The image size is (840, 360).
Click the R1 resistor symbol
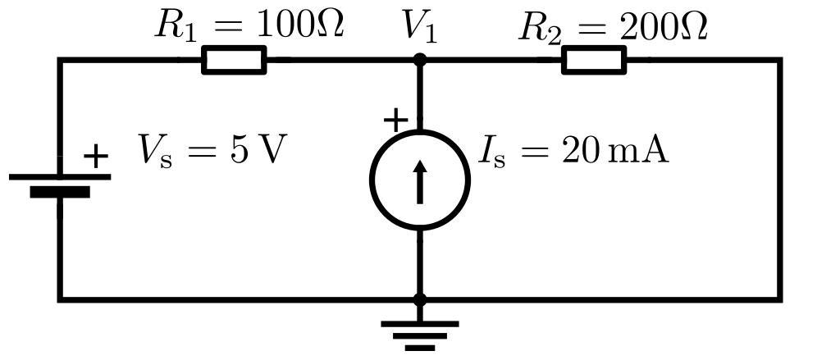[x=234, y=60]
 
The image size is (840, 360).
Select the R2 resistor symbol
[x=594, y=60]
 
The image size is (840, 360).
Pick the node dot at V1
[x=420, y=60]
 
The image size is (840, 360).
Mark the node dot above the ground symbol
[x=420, y=300]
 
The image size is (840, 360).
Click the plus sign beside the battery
[x=96, y=156]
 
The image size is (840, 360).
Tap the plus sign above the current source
[x=395, y=121]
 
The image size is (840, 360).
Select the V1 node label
[x=419, y=26]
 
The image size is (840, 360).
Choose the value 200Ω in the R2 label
[x=664, y=27]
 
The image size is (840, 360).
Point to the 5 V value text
[x=258, y=150]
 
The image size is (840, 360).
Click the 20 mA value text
[x=615, y=150]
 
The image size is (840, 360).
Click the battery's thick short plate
[x=60, y=192]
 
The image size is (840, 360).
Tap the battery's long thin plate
[x=60, y=176]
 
